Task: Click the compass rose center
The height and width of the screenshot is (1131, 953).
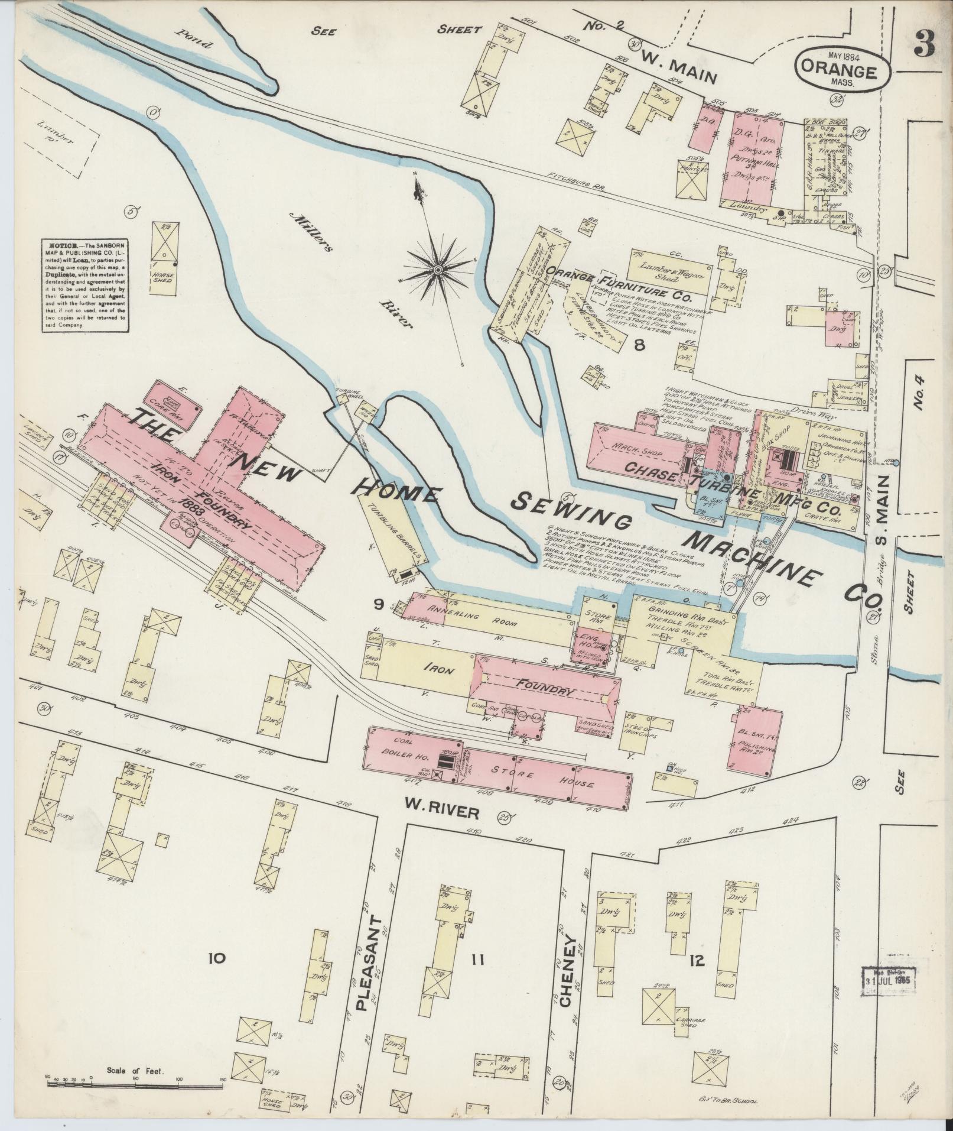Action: point(438,270)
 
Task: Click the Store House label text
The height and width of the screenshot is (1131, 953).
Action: point(542,778)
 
